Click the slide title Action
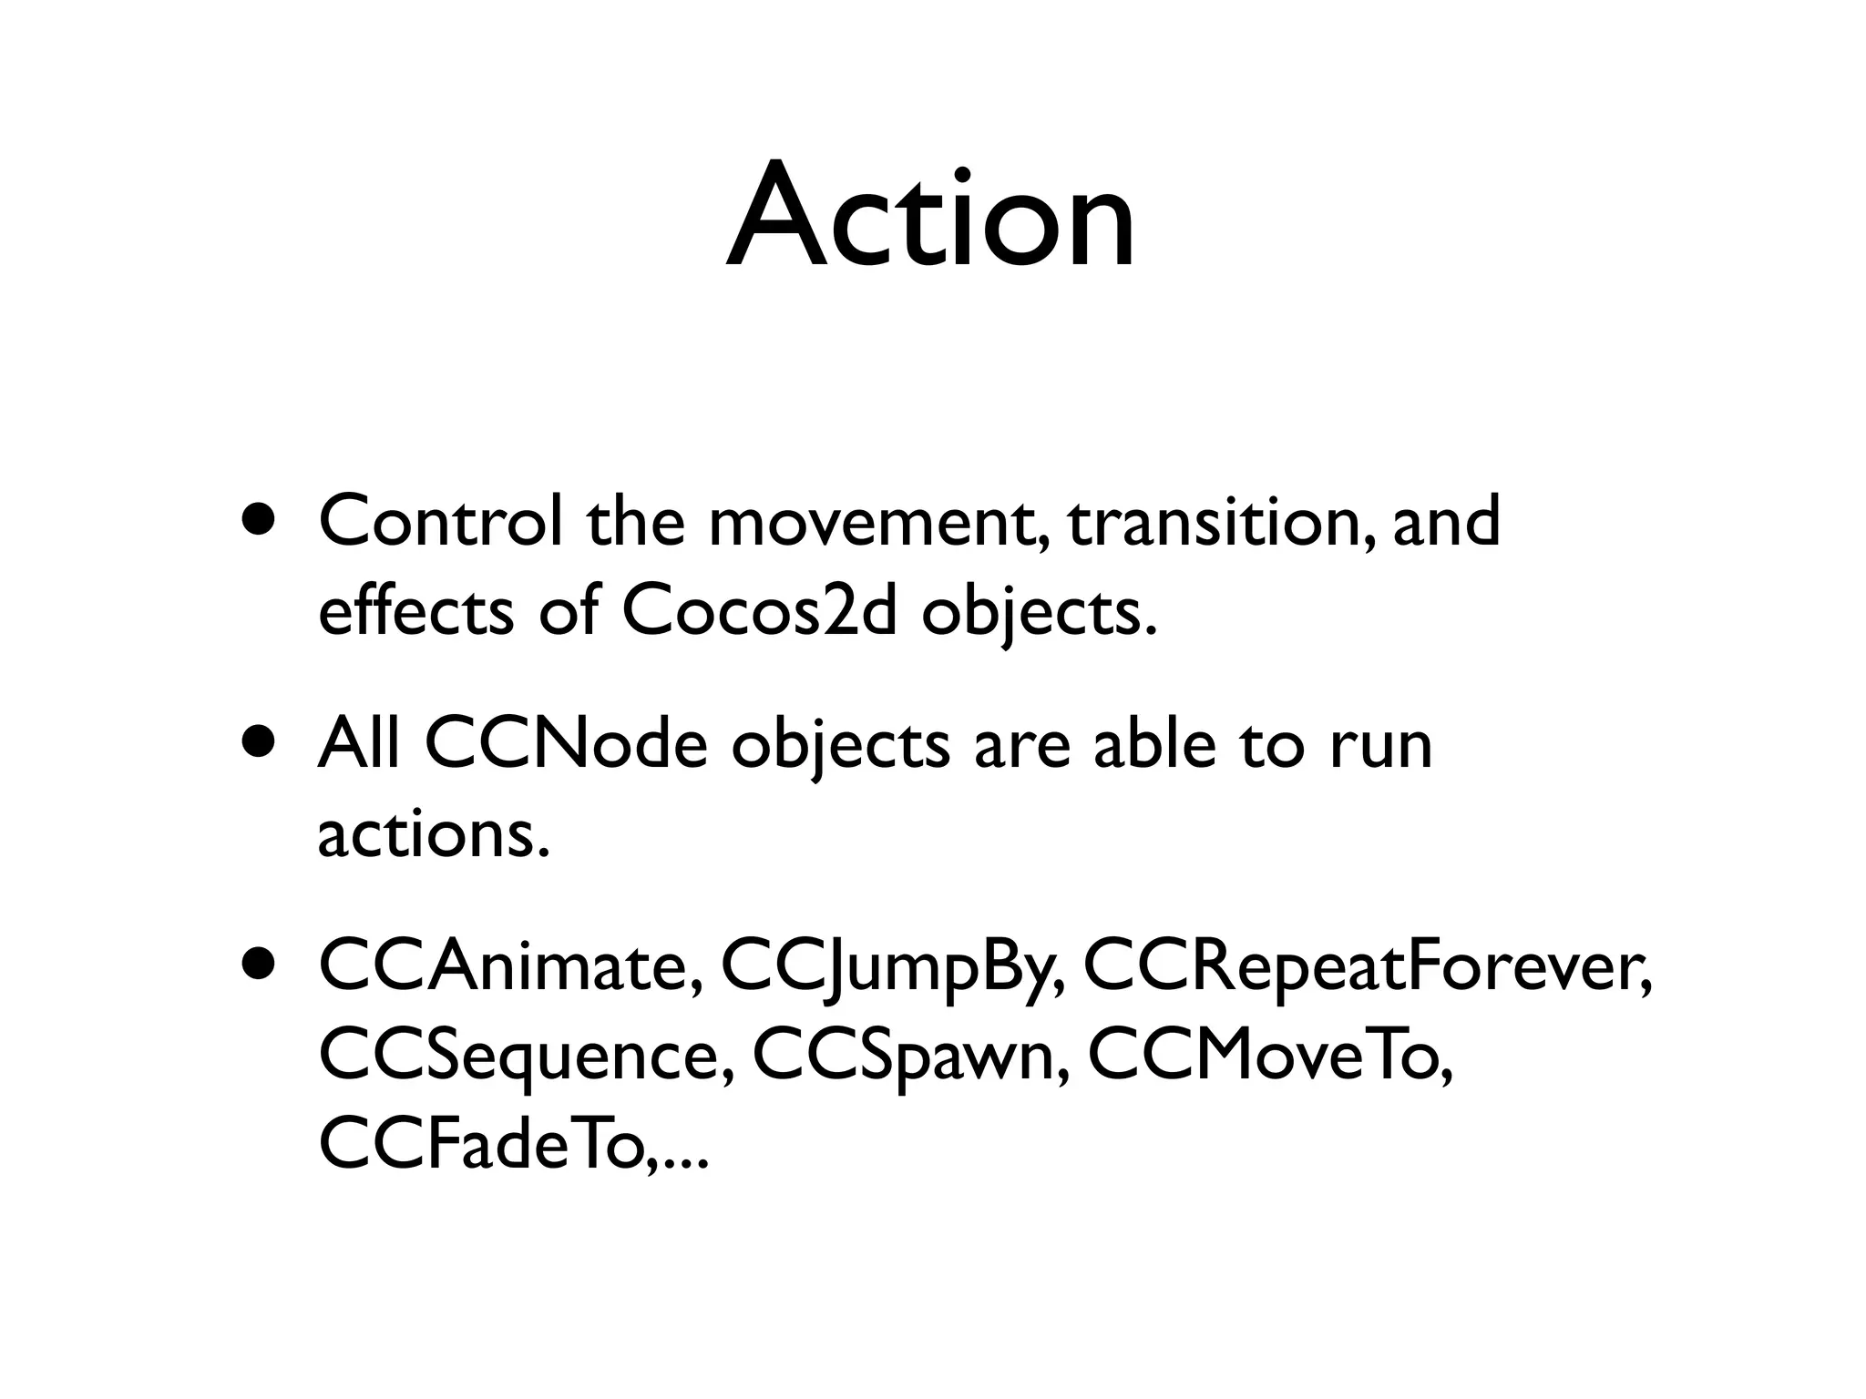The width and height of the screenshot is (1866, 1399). point(931,218)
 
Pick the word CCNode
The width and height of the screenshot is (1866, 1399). point(566,744)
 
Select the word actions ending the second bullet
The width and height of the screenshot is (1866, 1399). point(434,834)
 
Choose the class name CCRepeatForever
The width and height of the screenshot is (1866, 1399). point(1366,967)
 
